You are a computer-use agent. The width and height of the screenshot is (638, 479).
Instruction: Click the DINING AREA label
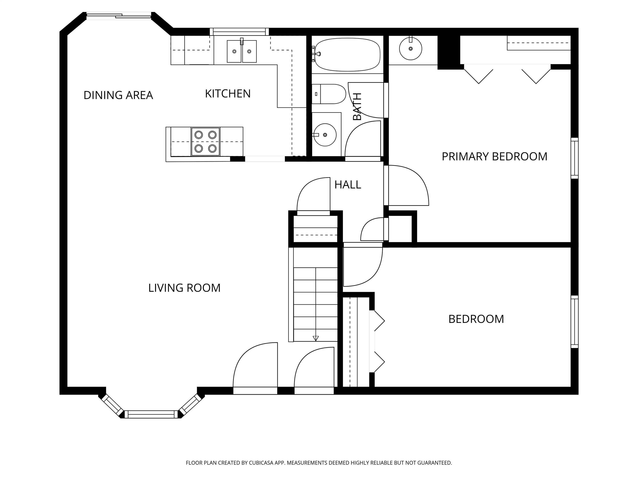[x=118, y=95]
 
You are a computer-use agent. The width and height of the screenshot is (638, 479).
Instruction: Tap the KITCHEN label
[x=228, y=94]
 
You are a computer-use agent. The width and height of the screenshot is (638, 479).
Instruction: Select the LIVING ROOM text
[x=184, y=288]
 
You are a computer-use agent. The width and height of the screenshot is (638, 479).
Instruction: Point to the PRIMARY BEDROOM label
[x=494, y=157]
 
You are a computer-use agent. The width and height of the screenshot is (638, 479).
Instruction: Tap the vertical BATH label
[x=357, y=106]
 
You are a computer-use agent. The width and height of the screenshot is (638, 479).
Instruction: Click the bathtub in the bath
[x=347, y=54]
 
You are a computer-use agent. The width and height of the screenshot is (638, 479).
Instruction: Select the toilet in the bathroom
[x=329, y=94]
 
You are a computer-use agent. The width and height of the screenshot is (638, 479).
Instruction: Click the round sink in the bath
[x=325, y=135]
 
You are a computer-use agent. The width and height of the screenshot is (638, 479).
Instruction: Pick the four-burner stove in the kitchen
[x=205, y=142]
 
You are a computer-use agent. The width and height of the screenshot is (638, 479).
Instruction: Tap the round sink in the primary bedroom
[x=410, y=48]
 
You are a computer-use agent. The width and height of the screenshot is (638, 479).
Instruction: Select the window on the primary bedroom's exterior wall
[x=574, y=158]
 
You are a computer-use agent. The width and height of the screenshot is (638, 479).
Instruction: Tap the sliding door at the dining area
[x=119, y=16]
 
